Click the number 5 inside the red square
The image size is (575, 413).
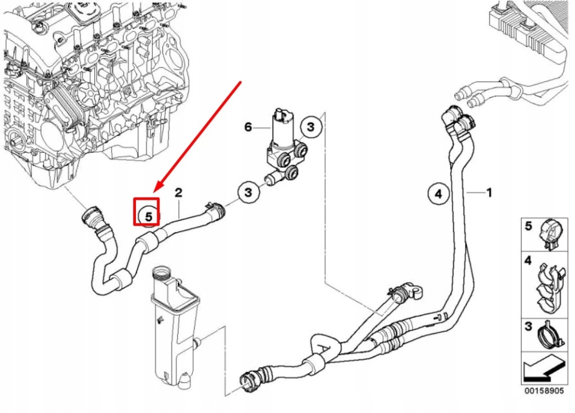coord(147,215)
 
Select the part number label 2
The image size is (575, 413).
coord(179,193)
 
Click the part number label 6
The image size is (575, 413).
coord(248,127)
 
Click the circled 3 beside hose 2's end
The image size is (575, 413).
coord(248,193)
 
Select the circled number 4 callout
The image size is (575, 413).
coord(439,194)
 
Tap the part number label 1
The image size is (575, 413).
coord(489,192)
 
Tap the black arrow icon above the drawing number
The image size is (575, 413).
coord(542,368)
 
